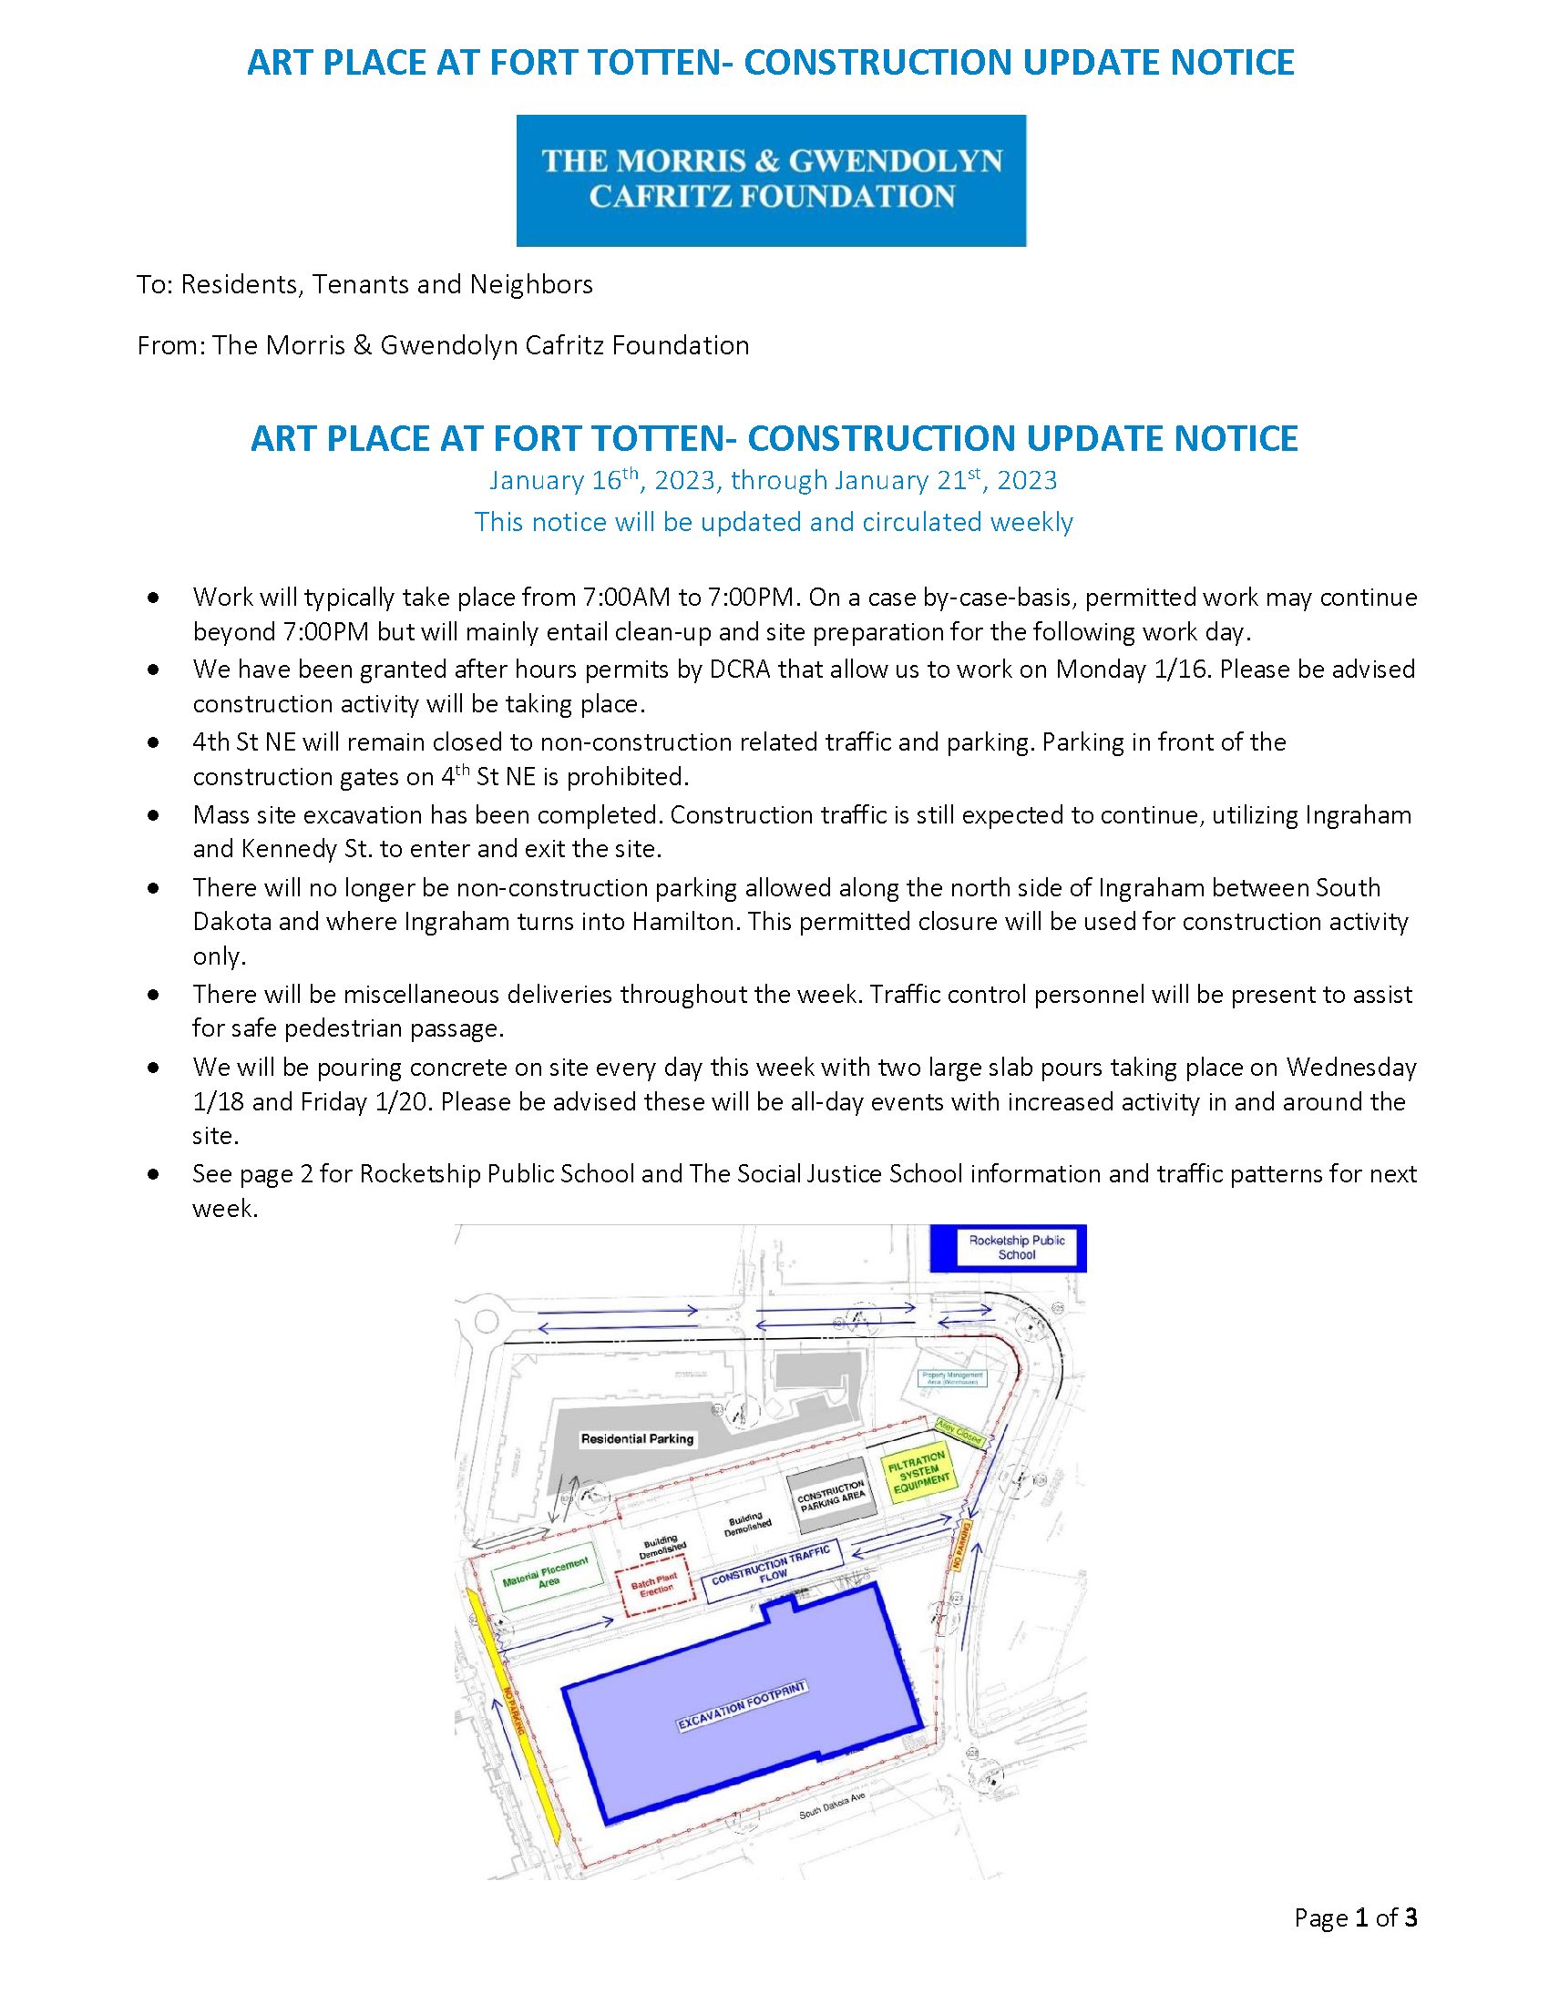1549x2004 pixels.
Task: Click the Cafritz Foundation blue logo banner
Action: [771, 179]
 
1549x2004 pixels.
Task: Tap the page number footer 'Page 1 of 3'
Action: [1356, 1917]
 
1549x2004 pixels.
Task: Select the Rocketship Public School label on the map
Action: [1017, 1247]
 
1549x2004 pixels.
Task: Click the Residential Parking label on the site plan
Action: [637, 1438]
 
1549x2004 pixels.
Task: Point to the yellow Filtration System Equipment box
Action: [918, 1473]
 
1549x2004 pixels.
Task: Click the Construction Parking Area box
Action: [831, 1496]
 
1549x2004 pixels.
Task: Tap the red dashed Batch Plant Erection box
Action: [656, 1585]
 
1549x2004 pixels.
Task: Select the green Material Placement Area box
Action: [548, 1576]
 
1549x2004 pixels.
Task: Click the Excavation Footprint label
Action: [742, 1706]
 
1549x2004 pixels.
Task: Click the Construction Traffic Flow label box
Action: [772, 1569]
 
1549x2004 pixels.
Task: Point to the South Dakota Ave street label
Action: [831, 1805]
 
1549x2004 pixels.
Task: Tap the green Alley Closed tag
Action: [959, 1431]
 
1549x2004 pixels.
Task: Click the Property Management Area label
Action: [952, 1378]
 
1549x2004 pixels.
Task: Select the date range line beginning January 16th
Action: [773, 481]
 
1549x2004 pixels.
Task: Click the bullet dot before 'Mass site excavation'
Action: [153, 815]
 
